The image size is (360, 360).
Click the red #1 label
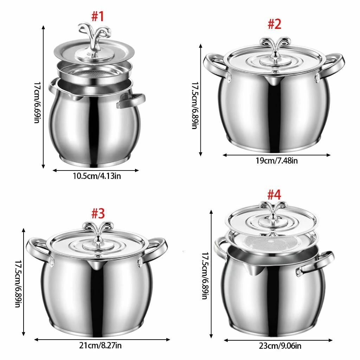coord(98,17)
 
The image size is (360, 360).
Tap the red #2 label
coord(275,24)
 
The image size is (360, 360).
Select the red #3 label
coord(98,213)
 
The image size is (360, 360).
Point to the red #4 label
coord(274,195)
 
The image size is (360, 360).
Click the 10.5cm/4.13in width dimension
coord(97,176)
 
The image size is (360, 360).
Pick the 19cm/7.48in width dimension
coord(277,161)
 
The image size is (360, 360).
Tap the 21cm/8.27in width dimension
coord(100,346)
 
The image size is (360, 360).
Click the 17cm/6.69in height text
coord(37,103)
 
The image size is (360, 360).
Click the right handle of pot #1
coord(131,100)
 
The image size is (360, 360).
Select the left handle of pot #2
coord(216,66)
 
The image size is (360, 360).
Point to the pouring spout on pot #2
coord(272,81)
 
